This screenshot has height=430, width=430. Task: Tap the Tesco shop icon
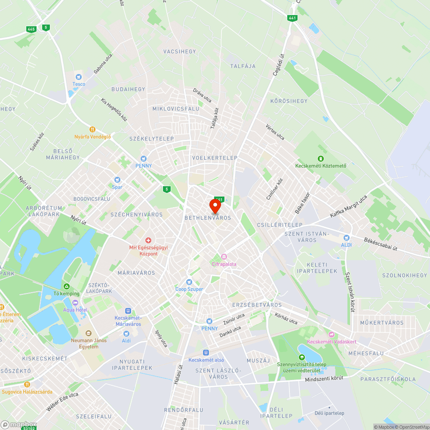79,77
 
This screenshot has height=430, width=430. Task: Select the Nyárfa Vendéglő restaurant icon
92,129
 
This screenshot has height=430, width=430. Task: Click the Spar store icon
117,180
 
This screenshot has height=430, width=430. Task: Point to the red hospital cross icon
148,240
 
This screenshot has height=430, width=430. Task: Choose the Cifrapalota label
224,264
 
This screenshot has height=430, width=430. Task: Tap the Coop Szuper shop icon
189,282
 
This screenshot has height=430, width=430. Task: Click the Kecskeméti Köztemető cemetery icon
320,158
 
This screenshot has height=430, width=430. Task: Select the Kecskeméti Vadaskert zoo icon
331,334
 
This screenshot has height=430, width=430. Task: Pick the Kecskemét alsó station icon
206,352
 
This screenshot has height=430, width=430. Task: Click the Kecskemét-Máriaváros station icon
128,310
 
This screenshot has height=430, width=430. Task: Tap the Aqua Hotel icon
75,303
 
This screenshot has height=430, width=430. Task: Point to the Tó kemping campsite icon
66,286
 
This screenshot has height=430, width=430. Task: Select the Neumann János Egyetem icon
89,333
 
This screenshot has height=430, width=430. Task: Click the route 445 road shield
31,29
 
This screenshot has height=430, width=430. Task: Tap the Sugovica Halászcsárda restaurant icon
27,384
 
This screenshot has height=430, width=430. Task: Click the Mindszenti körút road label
324,378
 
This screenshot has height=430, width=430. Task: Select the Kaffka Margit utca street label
348,206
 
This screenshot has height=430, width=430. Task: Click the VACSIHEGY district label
180,52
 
